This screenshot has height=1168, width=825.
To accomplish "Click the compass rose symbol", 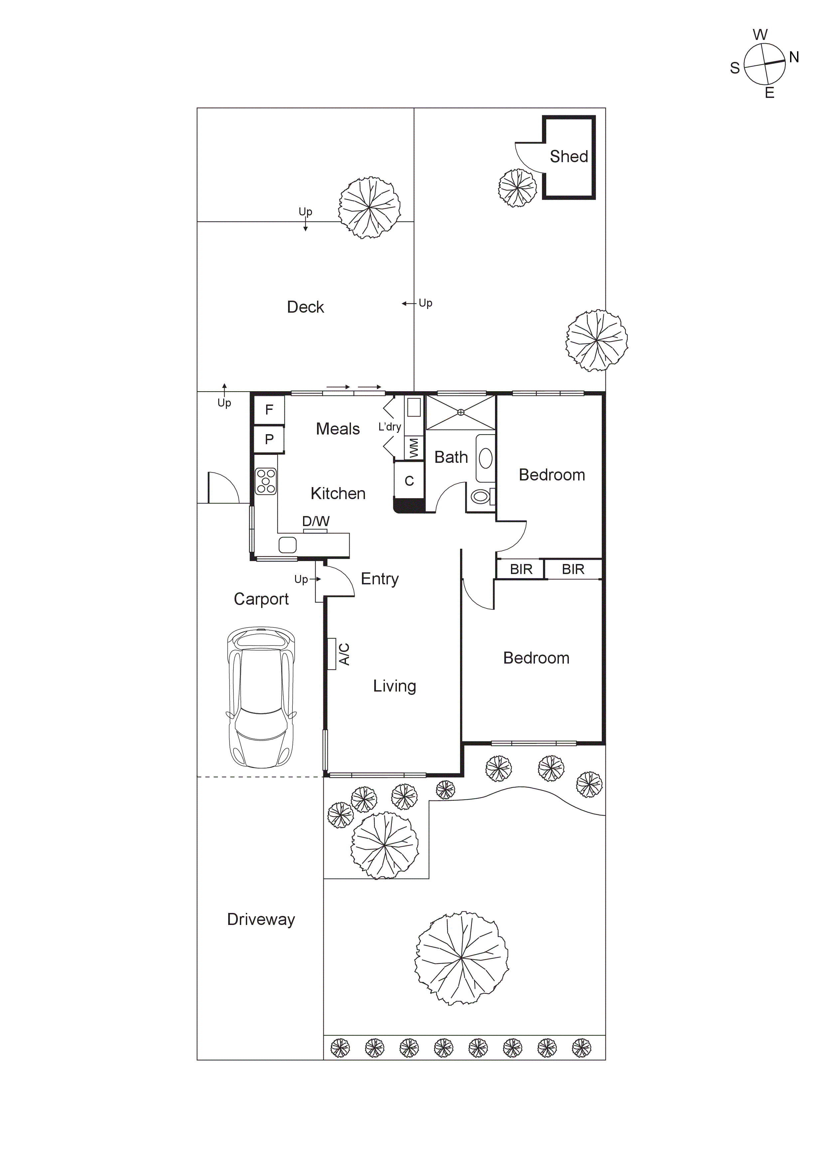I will click(x=764, y=64).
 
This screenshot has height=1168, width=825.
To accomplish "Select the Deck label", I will click(x=305, y=307).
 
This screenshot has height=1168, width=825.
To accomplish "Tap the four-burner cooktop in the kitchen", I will click(x=266, y=481).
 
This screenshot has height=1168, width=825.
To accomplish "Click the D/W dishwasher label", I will click(x=316, y=521).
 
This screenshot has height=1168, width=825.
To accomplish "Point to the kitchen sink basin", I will click(x=287, y=545).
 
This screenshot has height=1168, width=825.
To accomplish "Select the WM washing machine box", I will click(x=414, y=448).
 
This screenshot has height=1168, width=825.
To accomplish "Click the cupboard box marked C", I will click(x=409, y=481).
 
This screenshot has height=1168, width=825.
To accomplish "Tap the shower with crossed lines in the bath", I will click(x=460, y=413).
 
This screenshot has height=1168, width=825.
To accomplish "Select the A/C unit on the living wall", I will click(x=332, y=654).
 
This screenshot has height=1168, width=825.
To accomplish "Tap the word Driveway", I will click(x=261, y=919).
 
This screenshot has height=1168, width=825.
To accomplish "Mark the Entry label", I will click(x=379, y=579).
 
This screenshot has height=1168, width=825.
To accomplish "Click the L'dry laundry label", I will click(x=389, y=427).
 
